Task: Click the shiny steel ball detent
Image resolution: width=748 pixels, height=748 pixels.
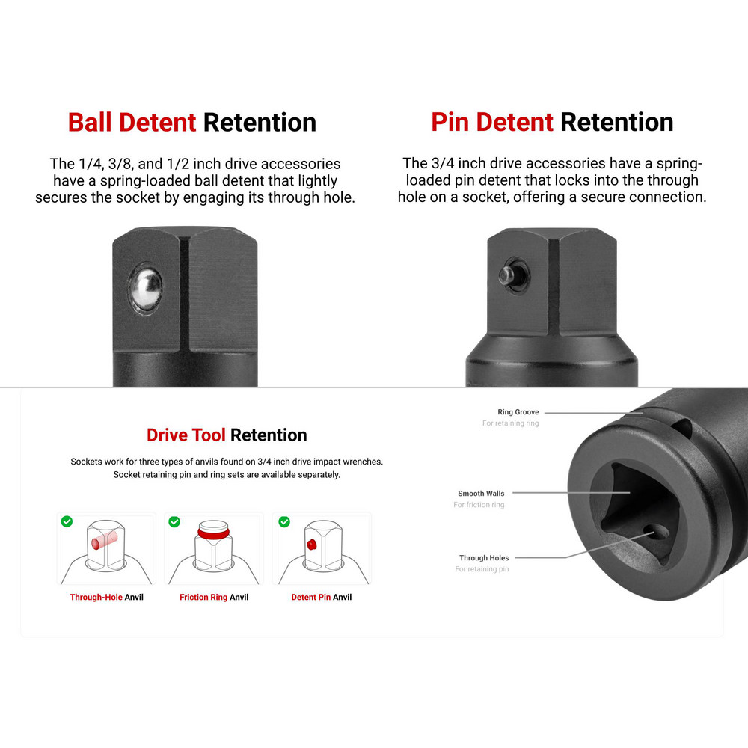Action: tap(147, 288)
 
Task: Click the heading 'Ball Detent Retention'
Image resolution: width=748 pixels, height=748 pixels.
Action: tap(191, 123)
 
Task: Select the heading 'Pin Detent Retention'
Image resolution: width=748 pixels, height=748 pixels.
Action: tap(552, 122)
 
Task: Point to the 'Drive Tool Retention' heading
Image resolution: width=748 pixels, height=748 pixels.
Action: tap(227, 435)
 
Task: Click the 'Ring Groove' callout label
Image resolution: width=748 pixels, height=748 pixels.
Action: tap(518, 411)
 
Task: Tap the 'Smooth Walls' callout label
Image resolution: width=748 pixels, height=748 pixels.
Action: tap(481, 493)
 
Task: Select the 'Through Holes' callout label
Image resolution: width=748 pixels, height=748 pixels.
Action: tap(484, 558)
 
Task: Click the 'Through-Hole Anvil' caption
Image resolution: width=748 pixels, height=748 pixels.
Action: tap(106, 597)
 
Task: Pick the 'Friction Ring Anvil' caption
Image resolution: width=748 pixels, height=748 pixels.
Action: tap(214, 597)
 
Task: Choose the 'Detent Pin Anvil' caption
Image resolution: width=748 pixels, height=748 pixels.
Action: tap(322, 597)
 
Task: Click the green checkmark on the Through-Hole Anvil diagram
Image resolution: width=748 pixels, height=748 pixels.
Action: tap(67, 521)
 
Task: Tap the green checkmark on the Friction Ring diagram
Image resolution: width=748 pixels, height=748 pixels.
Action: tap(174, 521)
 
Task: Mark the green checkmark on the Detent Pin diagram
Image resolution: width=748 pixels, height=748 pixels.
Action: tap(284, 521)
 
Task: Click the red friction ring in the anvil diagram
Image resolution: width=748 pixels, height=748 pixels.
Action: tap(213, 533)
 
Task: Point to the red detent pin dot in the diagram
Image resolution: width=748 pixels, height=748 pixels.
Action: tap(311, 545)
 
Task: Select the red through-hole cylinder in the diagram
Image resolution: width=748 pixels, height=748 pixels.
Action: tap(104, 540)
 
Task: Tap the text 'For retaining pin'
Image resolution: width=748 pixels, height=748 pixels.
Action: tap(482, 569)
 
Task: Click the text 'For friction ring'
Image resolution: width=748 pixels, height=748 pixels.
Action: tap(479, 505)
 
